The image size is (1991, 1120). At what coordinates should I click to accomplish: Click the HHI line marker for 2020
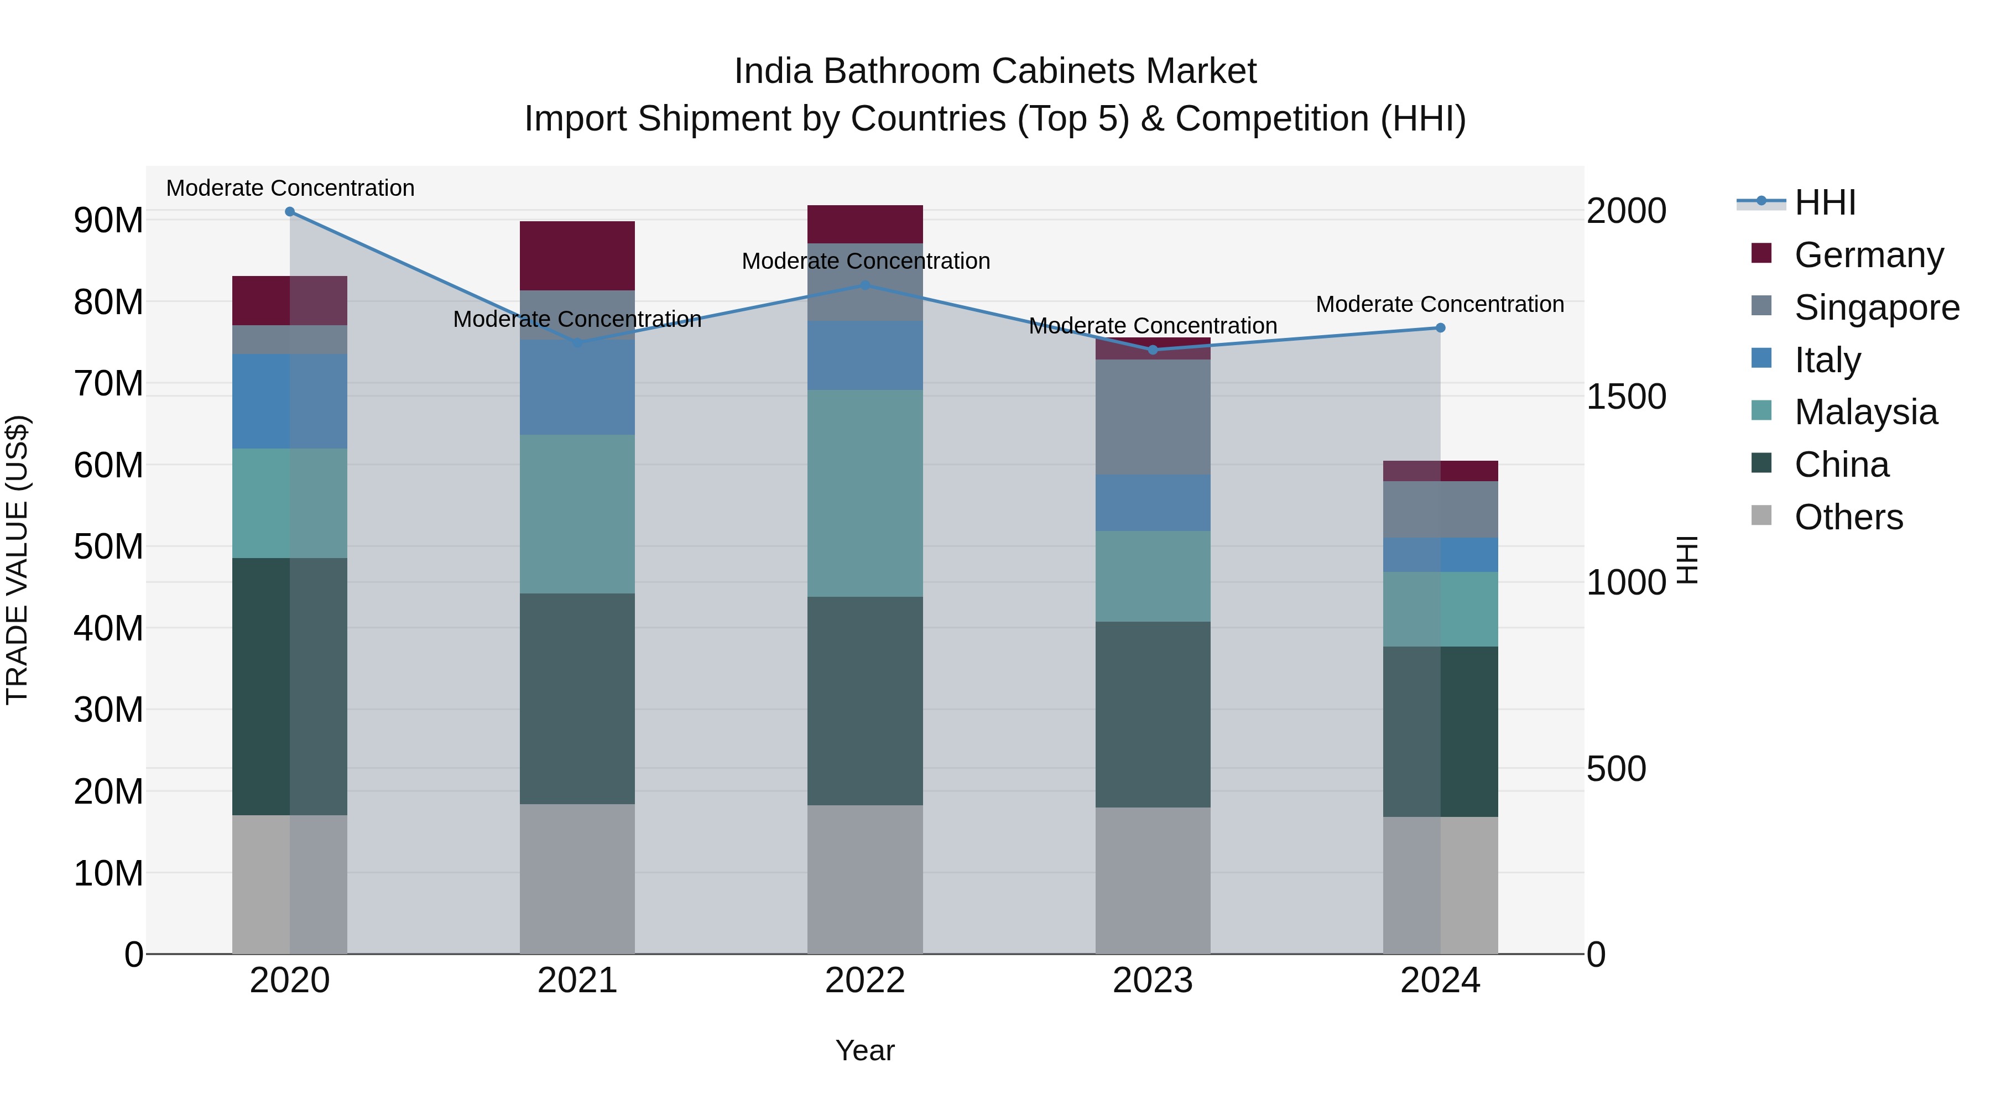[x=290, y=212]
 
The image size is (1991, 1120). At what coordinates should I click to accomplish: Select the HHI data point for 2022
[x=866, y=285]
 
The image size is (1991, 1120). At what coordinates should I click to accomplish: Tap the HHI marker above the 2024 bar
[x=1441, y=328]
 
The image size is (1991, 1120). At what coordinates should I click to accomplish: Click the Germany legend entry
[x=1868, y=255]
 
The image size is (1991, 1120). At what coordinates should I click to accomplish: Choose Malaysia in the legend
[x=1865, y=412]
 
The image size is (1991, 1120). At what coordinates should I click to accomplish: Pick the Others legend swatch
[x=1761, y=515]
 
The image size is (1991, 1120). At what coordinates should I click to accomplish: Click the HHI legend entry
[x=1824, y=202]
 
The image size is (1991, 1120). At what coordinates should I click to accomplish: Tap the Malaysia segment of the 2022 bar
[x=866, y=493]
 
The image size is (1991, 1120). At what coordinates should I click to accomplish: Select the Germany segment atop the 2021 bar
[x=577, y=256]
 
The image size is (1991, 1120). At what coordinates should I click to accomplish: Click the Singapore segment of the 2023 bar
[x=1153, y=418]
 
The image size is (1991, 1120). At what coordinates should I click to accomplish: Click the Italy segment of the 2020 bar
[x=290, y=401]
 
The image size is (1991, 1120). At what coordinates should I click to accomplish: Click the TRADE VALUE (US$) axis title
[x=17, y=560]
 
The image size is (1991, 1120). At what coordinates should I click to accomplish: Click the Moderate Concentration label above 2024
[x=1440, y=305]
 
